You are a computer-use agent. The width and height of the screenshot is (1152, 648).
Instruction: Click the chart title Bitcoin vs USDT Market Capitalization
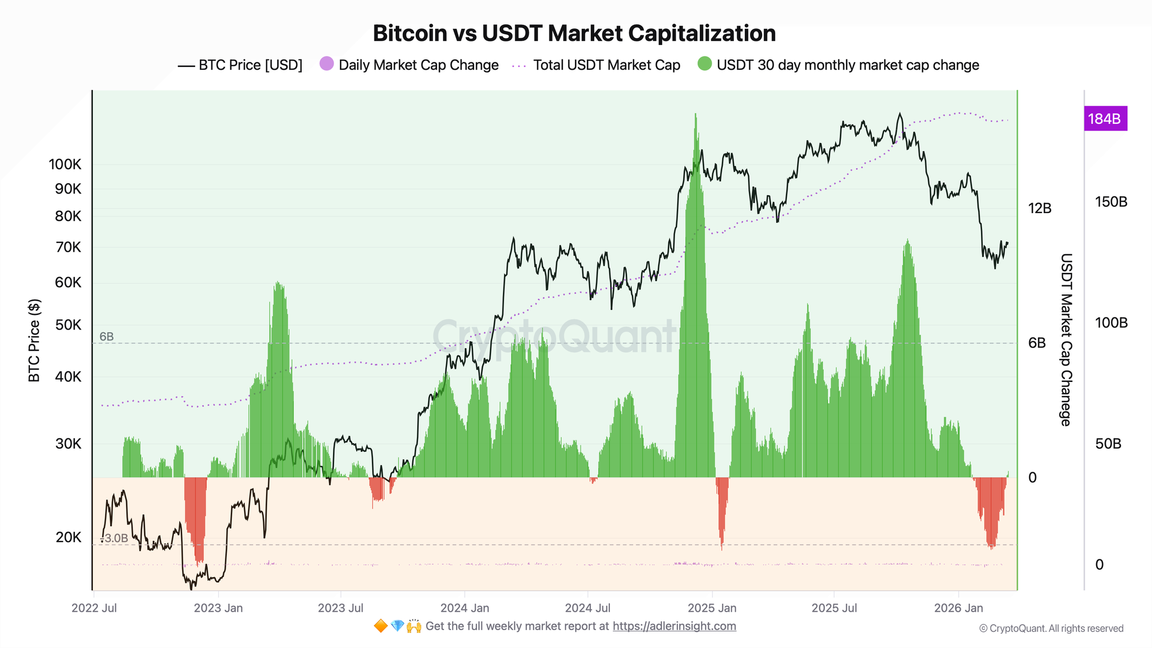click(x=574, y=33)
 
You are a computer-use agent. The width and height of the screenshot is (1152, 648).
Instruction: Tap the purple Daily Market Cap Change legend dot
click(x=327, y=64)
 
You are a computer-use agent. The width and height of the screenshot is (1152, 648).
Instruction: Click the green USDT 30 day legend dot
click(x=704, y=64)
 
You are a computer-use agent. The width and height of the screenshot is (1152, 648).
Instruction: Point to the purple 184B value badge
click(x=1105, y=119)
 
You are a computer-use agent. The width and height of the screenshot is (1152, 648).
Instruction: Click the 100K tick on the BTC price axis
click(x=65, y=165)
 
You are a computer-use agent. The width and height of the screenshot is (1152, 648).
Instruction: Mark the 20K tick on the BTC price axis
click(x=69, y=537)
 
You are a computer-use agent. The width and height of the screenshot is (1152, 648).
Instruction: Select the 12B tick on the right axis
click(x=1040, y=209)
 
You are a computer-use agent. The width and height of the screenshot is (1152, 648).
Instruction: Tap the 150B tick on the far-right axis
click(x=1111, y=202)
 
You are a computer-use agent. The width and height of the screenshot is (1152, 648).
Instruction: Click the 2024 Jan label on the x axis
click(x=465, y=608)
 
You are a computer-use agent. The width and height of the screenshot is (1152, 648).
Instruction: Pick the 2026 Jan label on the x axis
click(x=958, y=608)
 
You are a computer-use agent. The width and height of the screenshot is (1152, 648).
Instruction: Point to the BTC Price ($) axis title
click(x=35, y=340)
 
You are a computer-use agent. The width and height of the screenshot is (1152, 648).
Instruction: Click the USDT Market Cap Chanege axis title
click(x=1066, y=340)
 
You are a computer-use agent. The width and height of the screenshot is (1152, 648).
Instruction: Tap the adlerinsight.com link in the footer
click(x=674, y=626)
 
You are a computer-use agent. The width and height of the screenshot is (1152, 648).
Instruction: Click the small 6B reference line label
click(x=107, y=337)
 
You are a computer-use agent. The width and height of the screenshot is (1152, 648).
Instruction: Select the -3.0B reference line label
click(x=114, y=539)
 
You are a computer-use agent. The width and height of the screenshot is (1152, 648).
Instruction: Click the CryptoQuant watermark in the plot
click(x=554, y=336)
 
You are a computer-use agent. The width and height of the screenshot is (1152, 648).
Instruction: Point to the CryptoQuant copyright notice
click(x=1051, y=628)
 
